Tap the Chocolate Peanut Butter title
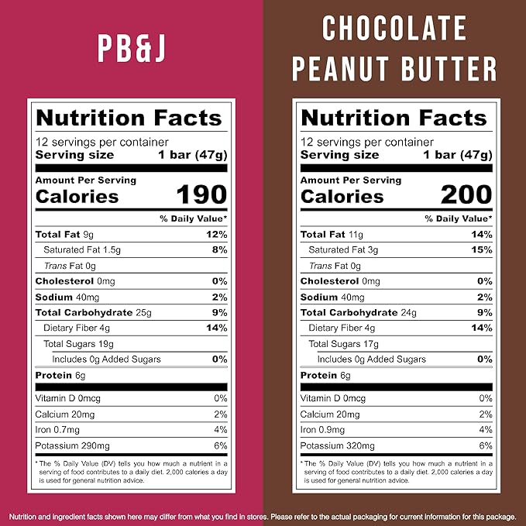point(394,48)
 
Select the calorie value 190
point(201,195)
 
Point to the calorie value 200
point(466,195)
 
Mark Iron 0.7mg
point(57,430)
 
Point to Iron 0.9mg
point(322,430)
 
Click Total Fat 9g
point(64,234)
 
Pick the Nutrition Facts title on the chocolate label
point(394,118)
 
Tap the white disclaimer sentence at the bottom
point(263,516)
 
